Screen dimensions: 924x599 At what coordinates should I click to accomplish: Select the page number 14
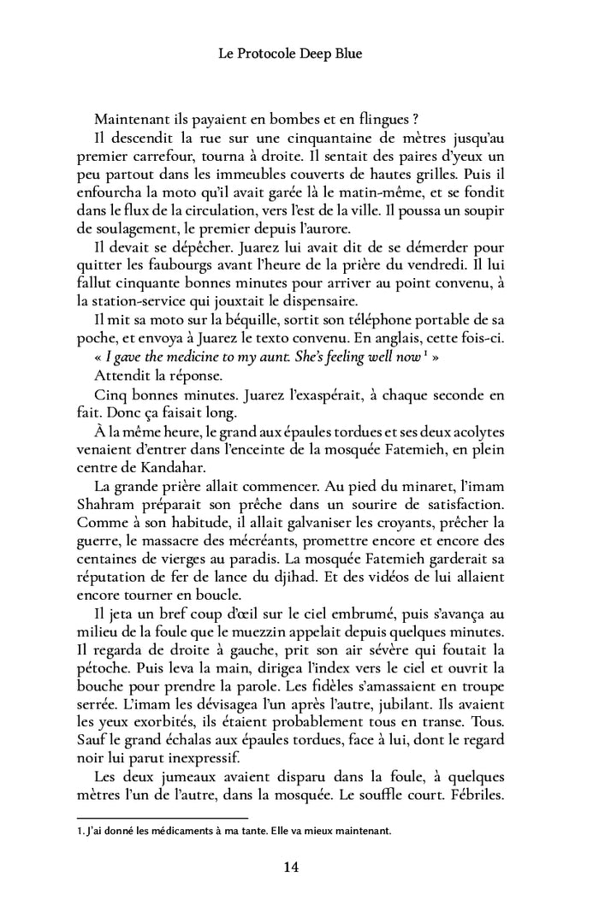coord(290,867)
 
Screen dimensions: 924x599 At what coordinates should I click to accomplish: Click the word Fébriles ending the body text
coord(474,796)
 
